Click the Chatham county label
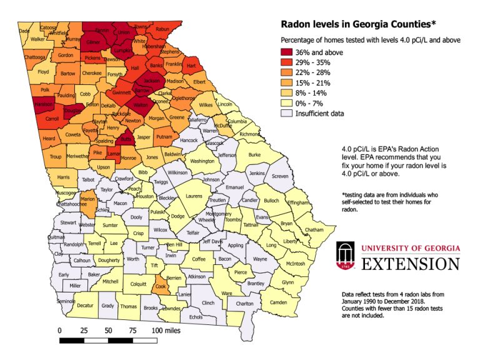coord(314,230)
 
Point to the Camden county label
coord(277,302)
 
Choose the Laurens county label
coord(194,196)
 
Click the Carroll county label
coord(52,117)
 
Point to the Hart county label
coord(191,66)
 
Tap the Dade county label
coord(24,31)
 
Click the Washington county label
coord(202,161)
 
